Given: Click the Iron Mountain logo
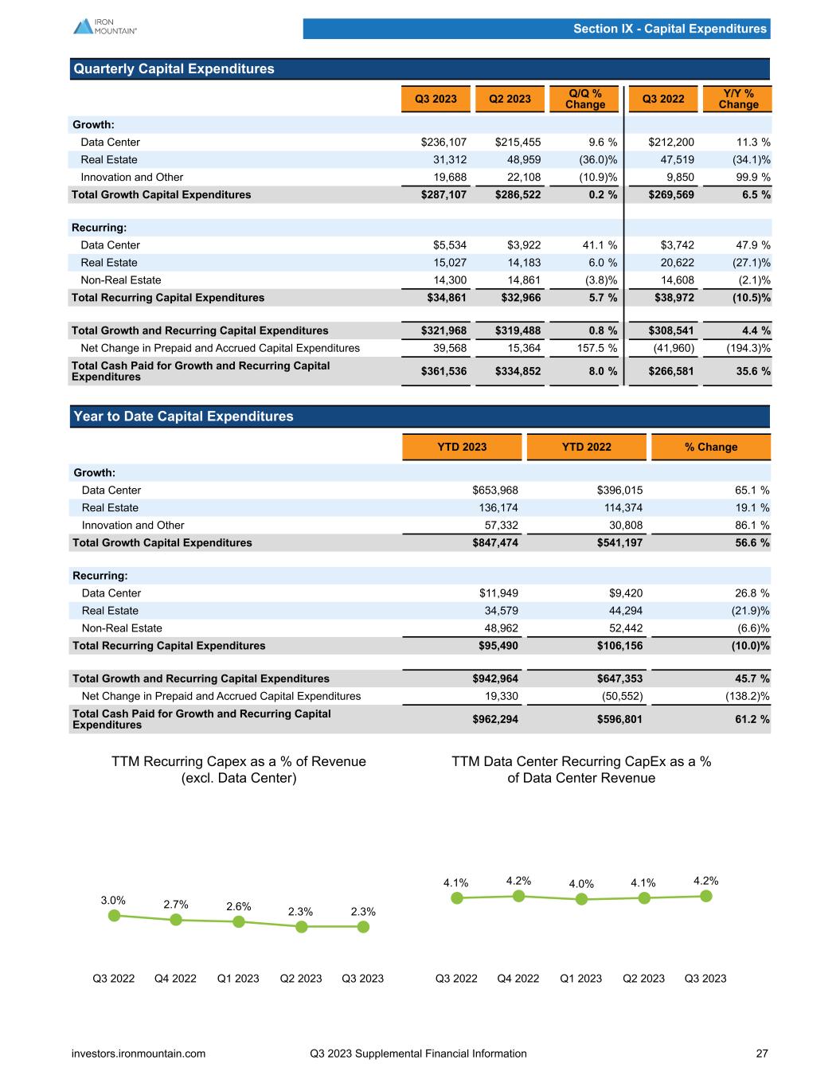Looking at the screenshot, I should point(104,25).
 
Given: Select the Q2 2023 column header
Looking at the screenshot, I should point(510,99).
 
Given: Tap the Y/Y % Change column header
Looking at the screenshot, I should point(738,99).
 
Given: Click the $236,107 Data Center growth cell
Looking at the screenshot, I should point(443,143).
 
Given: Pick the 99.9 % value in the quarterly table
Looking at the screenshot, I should point(752,178).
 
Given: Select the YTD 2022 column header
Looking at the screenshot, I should point(586,447).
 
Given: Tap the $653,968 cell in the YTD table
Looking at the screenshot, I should point(495,491).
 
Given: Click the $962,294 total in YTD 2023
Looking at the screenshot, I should point(495,719).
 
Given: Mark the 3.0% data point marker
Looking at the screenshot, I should point(114,916).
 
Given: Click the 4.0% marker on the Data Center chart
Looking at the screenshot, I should point(581,899).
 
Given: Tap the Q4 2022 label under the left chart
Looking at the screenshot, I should point(175,978).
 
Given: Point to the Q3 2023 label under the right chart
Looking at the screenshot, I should point(705,978).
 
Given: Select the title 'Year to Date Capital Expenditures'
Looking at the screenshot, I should point(183,416).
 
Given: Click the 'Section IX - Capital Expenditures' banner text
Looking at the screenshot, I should point(670,29).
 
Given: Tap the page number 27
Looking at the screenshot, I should point(762,1054).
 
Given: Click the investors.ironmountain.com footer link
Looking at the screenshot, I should point(139,1054).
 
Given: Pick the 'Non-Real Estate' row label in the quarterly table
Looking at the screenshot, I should point(121,280).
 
